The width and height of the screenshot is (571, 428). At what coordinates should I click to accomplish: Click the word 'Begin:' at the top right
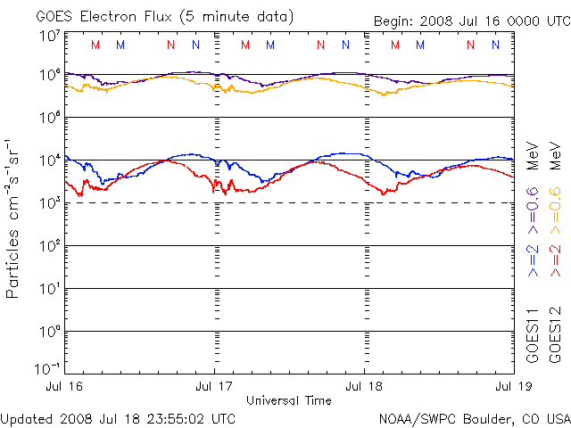[x=392, y=21]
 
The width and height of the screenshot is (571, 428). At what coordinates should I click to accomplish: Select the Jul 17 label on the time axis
[x=215, y=386]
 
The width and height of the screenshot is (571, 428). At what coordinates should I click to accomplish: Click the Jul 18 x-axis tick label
[x=365, y=386]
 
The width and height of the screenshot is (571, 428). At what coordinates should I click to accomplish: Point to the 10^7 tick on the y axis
[x=49, y=36]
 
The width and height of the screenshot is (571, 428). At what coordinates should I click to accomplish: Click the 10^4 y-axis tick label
[x=49, y=160]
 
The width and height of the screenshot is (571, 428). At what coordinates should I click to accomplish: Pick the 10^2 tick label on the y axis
[x=49, y=246]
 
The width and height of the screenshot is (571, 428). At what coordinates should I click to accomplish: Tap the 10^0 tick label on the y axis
[x=49, y=332]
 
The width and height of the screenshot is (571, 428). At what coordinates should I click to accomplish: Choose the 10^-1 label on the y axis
[x=47, y=367]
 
